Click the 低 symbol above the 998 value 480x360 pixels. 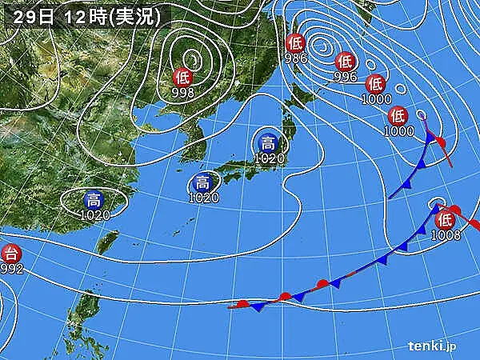(x=182, y=78)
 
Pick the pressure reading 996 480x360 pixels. (x=345, y=77)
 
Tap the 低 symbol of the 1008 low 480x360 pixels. (x=445, y=218)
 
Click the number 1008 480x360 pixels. (x=445, y=235)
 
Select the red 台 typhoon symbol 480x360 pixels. (x=10, y=254)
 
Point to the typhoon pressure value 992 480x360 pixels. (x=11, y=270)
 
